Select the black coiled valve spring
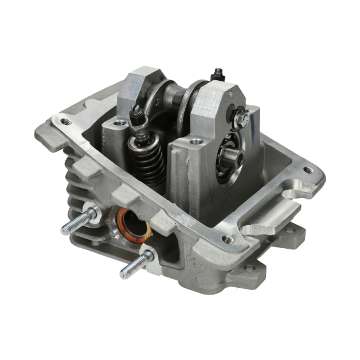pyautogui.click(x=148, y=163)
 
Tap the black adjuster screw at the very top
pyautogui.click(x=218, y=74)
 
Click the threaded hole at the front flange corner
pyautogui.click(x=228, y=239)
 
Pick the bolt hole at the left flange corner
pyautogui.click(x=66, y=122)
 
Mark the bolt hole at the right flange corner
pyautogui.click(x=308, y=170)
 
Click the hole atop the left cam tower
pyautogui.click(x=119, y=123)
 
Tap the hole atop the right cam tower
pyautogui.click(x=197, y=140)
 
